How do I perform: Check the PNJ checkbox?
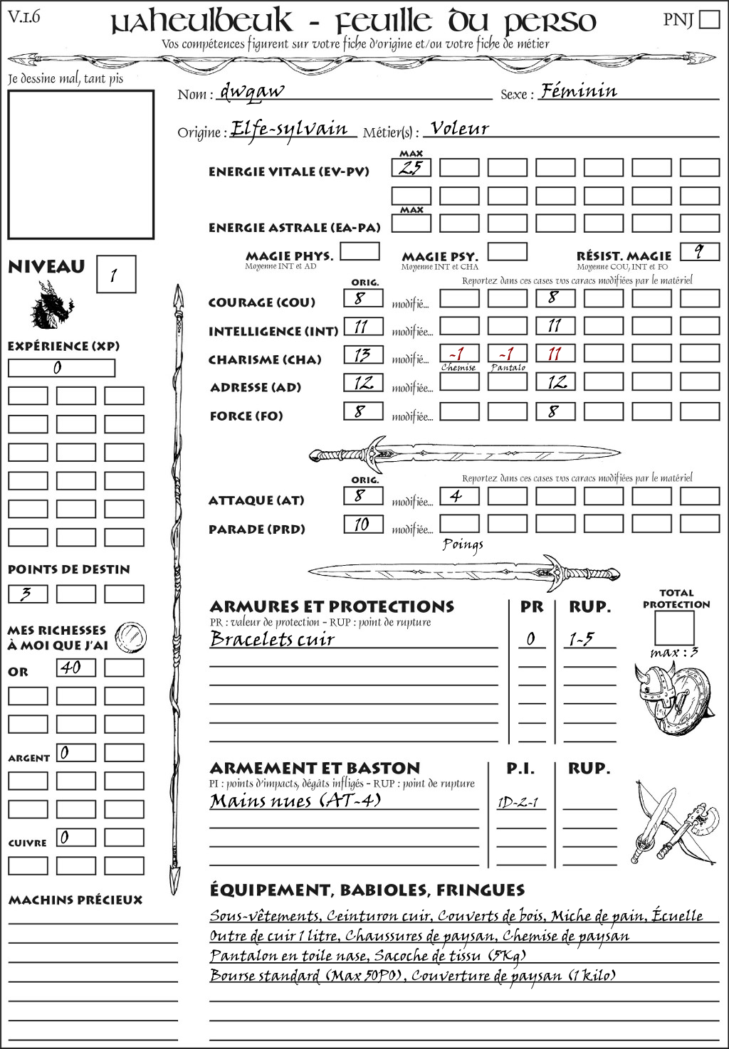[x=709, y=19]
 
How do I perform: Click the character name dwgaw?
[x=252, y=91]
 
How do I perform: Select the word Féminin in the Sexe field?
[x=578, y=91]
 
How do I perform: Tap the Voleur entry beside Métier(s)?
[x=460, y=129]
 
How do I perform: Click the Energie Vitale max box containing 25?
[x=411, y=168]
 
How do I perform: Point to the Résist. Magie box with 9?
[x=699, y=252]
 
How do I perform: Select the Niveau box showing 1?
[x=115, y=275]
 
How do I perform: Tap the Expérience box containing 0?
[x=61, y=368]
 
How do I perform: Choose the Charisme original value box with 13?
[x=363, y=354]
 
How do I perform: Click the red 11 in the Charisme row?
[x=555, y=354]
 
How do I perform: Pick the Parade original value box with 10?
[x=363, y=524]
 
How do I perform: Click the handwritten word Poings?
[x=463, y=545]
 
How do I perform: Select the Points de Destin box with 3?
[x=28, y=594]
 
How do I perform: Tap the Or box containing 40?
[x=76, y=668]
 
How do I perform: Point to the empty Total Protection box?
[x=675, y=628]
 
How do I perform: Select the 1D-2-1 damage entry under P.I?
[x=518, y=803]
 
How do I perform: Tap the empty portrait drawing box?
[x=80, y=164]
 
